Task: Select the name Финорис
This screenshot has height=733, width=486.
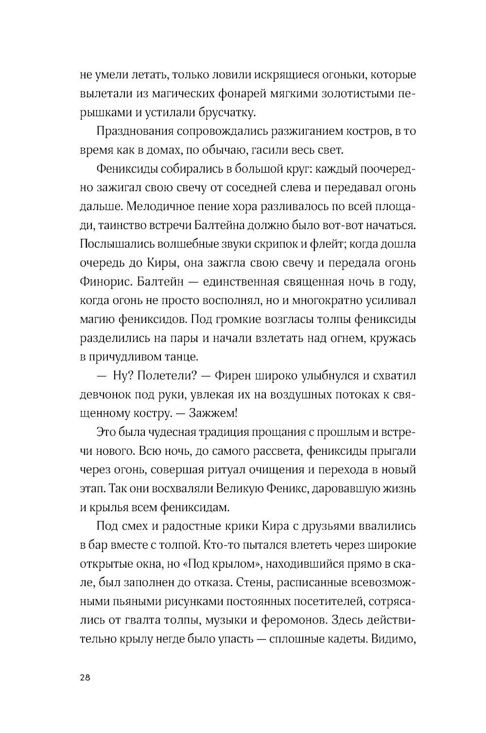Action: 105,282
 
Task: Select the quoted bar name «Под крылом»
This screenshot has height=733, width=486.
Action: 232,563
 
